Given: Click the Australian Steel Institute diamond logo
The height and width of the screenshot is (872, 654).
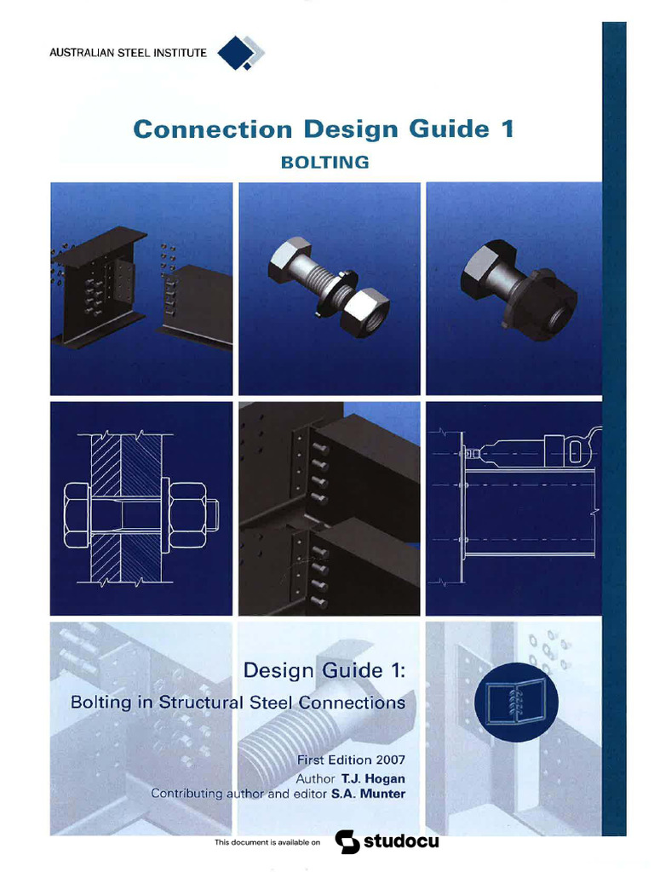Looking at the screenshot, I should coord(238,53).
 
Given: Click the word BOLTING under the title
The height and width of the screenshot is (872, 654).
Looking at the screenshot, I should coord(324,162).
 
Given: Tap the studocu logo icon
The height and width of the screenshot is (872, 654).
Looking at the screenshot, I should coord(345,842).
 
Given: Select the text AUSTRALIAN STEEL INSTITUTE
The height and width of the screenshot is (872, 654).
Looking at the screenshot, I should coord(128,54).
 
